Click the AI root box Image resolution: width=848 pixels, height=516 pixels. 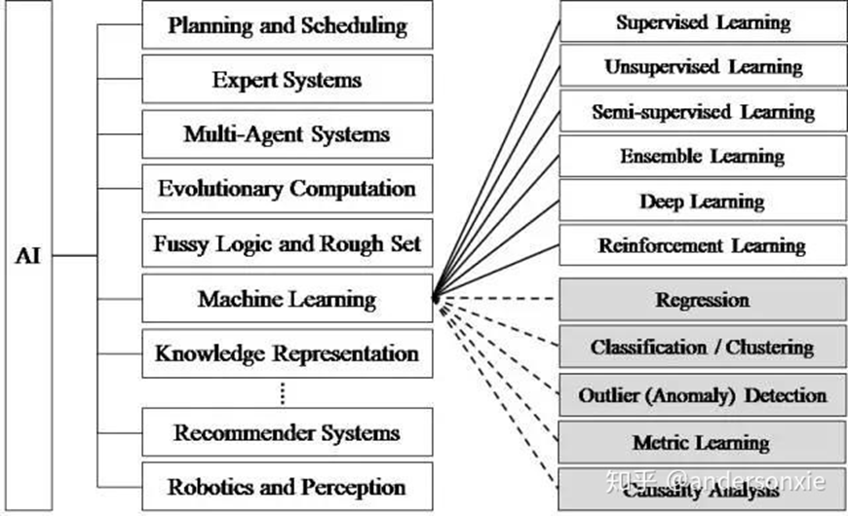(26, 256)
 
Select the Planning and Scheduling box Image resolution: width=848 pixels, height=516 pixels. (288, 25)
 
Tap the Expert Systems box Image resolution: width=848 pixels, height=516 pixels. (288, 80)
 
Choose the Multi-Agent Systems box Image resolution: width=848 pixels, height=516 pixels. (288, 134)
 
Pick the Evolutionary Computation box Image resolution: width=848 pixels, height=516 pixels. (288, 189)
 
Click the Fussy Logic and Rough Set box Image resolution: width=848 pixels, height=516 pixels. (288, 243)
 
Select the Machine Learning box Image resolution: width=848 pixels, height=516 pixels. (288, 298)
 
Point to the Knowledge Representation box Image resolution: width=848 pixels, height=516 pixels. (288, 352)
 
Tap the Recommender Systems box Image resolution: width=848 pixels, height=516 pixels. (288, 432)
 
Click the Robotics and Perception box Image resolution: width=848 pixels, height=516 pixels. (288, 487)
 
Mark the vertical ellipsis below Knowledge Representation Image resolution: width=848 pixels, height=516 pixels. (283, 392)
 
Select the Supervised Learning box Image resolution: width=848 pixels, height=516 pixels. (703, 21)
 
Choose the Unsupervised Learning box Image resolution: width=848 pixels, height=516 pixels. (703, 66)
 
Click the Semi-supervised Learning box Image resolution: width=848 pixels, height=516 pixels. (703, 111)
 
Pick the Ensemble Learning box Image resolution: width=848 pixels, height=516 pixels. (703, 156)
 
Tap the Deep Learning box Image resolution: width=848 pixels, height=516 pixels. (703, 201)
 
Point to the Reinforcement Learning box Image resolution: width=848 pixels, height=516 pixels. (703, 245)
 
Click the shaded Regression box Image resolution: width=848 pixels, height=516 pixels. (703, 300)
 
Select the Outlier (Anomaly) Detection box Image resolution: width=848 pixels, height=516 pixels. (703, 395)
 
